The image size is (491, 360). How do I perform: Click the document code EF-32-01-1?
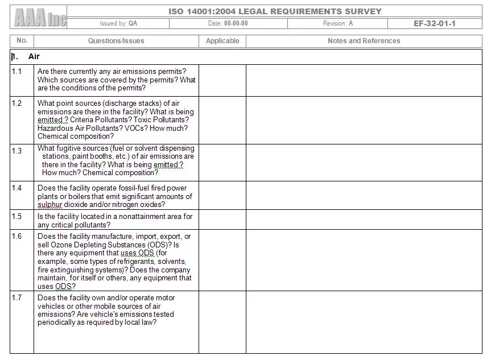435,24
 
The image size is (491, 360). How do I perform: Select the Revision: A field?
337,24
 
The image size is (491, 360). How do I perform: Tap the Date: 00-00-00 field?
228,24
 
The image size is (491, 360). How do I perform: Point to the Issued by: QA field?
118,24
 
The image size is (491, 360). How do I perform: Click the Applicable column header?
222,41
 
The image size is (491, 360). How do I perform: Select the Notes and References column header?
364,41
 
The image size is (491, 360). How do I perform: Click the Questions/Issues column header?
116,41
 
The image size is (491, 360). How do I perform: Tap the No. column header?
22,41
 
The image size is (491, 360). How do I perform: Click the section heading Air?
34,57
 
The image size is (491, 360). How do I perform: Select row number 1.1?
17,71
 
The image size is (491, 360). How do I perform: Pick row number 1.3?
17,151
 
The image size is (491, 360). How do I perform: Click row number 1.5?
17,217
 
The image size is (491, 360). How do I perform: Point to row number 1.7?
17,298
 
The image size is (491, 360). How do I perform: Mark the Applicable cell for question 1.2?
222,120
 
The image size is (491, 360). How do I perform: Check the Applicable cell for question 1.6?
222,260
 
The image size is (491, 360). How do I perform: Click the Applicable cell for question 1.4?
222,196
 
